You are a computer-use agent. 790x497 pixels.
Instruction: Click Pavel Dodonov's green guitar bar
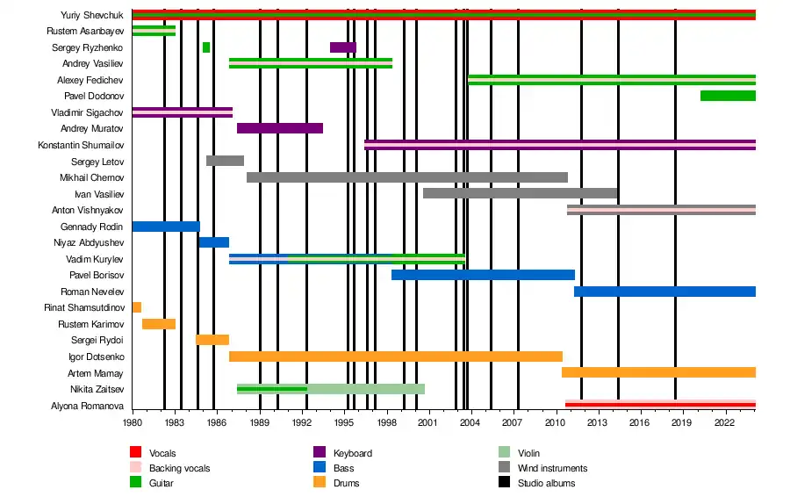[x=728, y=96]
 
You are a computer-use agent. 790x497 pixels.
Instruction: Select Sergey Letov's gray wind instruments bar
[x=225, y=161]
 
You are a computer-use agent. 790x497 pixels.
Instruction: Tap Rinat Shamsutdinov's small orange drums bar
[x=136, y=307]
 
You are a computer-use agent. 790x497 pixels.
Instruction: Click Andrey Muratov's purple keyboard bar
[x=279, y=128]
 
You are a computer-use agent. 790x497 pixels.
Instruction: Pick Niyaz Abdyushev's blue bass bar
[x=213, y=242]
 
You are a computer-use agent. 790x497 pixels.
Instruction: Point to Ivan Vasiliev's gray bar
[x=520, y=193]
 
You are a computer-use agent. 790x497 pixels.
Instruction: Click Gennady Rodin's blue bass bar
[x=166, y=227]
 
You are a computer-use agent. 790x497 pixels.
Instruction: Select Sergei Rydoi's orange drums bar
[x=212, y=340]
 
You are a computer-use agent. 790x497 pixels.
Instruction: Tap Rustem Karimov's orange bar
[x=159, y=324]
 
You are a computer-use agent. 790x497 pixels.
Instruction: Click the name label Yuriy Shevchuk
[x=92, y=15]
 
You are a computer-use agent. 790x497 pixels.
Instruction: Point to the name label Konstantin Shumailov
[x=81, y=145]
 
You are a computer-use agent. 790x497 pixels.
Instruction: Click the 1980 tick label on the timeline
[x=133, y=422]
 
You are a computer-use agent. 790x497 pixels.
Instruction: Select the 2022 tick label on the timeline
[x=724, y=422]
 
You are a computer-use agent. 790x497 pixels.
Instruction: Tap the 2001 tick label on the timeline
[x=428, y=422]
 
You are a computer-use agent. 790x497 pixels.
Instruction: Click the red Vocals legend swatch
[x=136, y=453]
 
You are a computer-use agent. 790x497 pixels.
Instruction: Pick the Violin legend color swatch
[x=505, y=453]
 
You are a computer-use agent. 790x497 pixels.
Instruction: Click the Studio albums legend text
[x=547, y=483]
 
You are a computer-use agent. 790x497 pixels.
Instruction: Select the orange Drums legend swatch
[x=320, y=483]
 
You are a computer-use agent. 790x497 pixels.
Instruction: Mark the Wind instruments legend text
[x=552, y=468]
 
